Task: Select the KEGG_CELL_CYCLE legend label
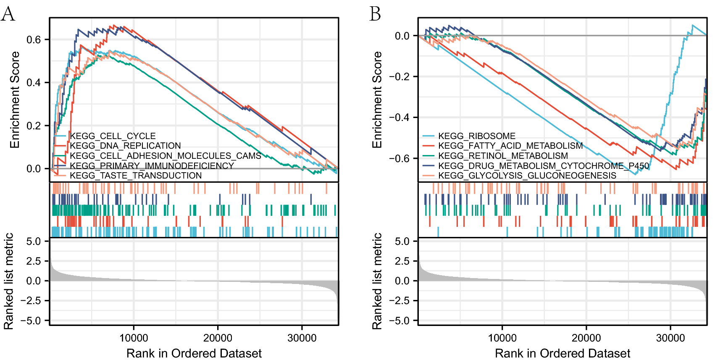113,136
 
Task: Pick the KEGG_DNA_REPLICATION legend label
125,146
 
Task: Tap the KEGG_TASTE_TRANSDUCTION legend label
136,176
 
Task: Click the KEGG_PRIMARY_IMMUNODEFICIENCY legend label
152,166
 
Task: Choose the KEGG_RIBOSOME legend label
476,136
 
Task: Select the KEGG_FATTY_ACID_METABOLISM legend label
510,146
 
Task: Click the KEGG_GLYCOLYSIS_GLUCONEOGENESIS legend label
527,176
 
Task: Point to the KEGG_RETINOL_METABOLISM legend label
503,156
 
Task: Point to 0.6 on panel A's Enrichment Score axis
34,39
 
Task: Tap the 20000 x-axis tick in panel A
218,338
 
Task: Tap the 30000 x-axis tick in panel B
670,338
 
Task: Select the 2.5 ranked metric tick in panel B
402,261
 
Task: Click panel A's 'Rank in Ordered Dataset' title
194,353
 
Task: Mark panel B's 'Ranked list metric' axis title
377,281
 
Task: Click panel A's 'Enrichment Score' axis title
15,100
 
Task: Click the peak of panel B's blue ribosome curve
692,25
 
